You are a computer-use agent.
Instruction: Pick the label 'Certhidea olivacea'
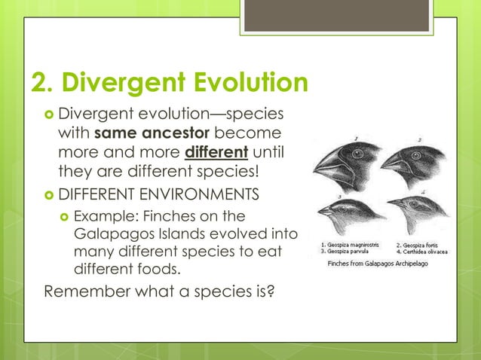429,252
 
